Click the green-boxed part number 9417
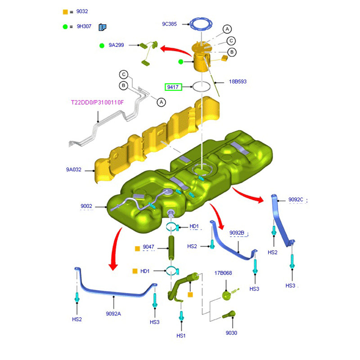(x=173, y=87)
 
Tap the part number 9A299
(x=116, y=45)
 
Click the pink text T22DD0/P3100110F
(x=97, y=103)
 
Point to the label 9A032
(x=74, y=170)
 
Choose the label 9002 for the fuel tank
(x=86, y=207)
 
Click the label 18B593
(x=238, y=82)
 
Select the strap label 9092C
(x=296, y=199)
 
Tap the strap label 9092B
(x=237, y=233)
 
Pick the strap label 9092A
(x=113, y=314)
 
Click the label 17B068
(x=223, y=273)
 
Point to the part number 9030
(x=232, y=333)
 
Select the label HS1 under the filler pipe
(x=181, y=336)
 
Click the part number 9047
(x=148, y=247)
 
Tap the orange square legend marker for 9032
(x=65, y=12)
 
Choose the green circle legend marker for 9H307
(x=65, y=27)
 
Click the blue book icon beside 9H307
(x=102, y=27)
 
